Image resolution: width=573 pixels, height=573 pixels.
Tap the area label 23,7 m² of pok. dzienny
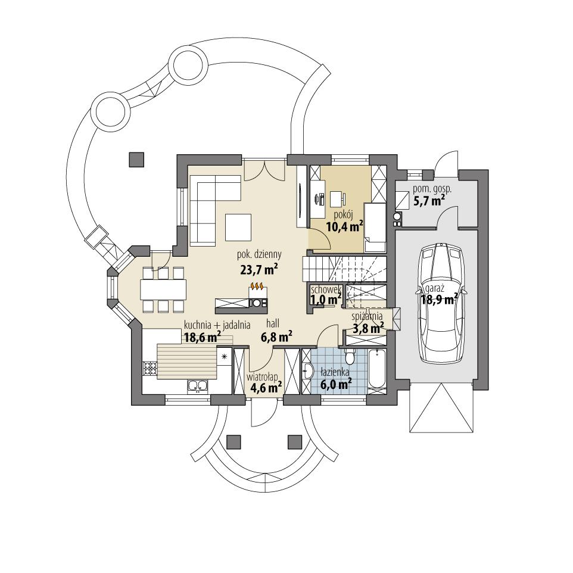click(257, 270)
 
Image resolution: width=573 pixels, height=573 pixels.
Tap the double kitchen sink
click(198, 387)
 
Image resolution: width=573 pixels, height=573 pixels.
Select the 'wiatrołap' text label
click(263, 376)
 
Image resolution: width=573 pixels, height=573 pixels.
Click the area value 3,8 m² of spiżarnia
click(368, 328)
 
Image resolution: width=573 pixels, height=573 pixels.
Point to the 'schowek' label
click(325, 289)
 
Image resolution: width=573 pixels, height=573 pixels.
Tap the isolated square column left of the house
click(136, 159)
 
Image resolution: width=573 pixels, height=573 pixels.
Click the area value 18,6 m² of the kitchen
click(203, 337)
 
